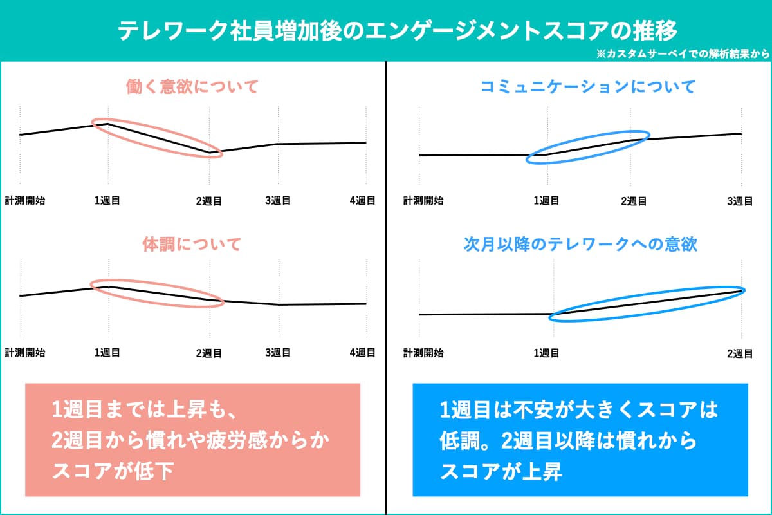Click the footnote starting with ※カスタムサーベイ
click(683, 55)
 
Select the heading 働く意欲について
click(192, 86)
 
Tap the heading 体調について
click(192, 245)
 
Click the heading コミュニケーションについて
click(580, 86)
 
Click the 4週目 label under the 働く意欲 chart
click(363, 201)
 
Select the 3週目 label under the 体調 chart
click(278, 353)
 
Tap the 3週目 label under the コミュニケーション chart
click(740, 201)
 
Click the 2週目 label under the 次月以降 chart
click(740, 353)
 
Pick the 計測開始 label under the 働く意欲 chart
click(25, 201)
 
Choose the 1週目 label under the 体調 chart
click(107, 353)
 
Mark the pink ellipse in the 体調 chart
click(157, 294)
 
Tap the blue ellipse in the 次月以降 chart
click(647, 303)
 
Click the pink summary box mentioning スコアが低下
click(192, 440)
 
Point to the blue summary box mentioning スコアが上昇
click(580, 440)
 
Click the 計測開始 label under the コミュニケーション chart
click(423, 201)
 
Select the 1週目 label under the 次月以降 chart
click(546, 353)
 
